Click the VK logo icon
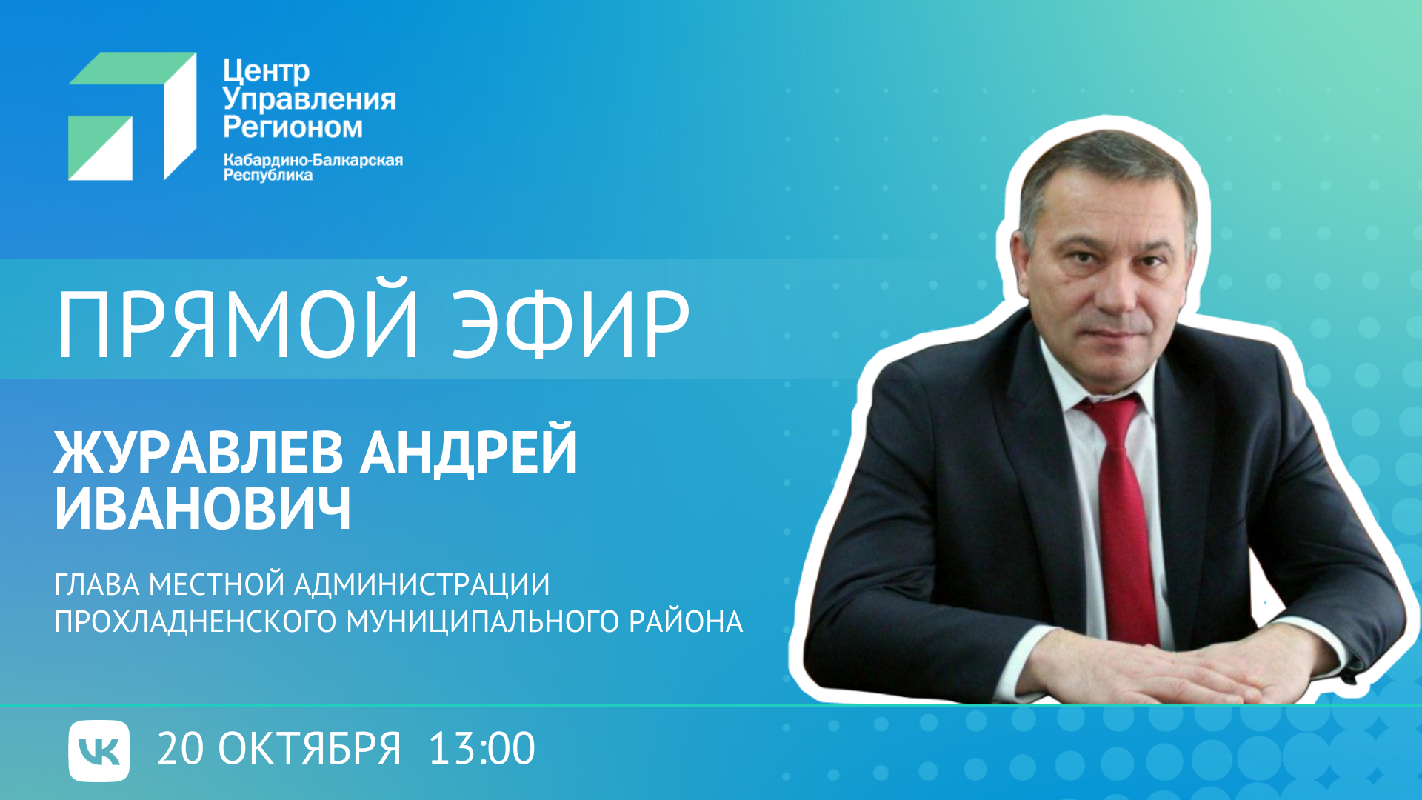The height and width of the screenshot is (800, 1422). coord(99,750)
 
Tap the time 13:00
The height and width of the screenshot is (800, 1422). coord(481,749)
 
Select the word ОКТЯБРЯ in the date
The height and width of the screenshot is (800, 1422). coord(310,749)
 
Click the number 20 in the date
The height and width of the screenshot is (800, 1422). coord(180,749)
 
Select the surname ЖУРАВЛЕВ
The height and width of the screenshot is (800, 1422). coord(198,452)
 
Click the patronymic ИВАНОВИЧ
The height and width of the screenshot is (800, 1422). coord(203,509)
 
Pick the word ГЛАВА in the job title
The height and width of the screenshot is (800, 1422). coord(97,585)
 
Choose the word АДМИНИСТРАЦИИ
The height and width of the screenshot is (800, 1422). coord(422,585)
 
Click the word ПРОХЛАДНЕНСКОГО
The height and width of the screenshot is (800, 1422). coord(196,621)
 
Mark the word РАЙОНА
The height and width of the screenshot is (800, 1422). coord(686,620)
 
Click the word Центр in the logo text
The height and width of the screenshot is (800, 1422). coord(266,72)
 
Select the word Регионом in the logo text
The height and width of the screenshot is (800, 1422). coord(293,127)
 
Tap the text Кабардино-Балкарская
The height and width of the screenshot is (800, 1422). coord(313,160)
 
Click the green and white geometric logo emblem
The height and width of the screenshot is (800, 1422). coord(133,116)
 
